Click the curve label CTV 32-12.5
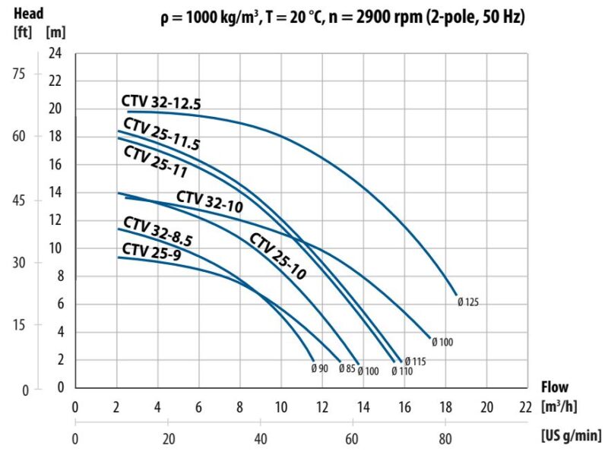point(160,103)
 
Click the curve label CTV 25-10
point(277,256)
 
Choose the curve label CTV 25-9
point(151,250)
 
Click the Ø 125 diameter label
point(468,302)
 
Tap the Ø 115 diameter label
point(415,362)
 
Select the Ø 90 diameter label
point(319,369)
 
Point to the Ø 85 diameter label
point(346,369)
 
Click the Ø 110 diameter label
point(402,371)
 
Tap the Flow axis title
point(556,387)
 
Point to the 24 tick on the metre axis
point(56,53)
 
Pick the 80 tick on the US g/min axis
point(445,438)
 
